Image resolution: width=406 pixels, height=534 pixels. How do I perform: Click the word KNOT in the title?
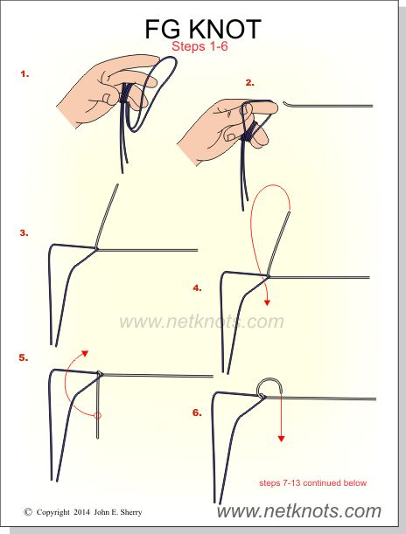pyautogui.click(x=226, y=30)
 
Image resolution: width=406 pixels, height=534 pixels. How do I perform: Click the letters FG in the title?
pyautogui.click(x=163, y=30)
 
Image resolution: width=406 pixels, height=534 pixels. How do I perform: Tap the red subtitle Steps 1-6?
pyautogui.click(x=199, y=46)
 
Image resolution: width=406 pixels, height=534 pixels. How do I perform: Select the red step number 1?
pyautogui.click(x=24, y=74)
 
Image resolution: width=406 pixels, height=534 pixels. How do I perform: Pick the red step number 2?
pyautogui.click(x=250, y=82)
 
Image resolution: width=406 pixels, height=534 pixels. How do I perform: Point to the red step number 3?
pyautogui.click(x=24, y=233)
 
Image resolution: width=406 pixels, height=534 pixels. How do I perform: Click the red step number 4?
pyautogui.click(x=198, y=288)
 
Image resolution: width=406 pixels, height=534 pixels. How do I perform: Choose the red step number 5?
pyautogui.click(x=24, y=357)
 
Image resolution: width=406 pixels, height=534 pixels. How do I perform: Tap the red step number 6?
pyautogui.click(x=197, y=413)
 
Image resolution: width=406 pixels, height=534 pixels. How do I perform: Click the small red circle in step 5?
pyautogui.click(x=98, y=415)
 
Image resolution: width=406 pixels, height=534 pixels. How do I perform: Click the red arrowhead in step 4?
pyautogui.click(x=267, y=302)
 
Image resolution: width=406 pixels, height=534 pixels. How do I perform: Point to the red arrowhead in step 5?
pyautogui.click(x=85, y=353)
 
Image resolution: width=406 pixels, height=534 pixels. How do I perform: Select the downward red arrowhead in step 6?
pyautogui.click(x=281, y=439)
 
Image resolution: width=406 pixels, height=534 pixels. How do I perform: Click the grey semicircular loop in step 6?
pyautogui.click(x=269, y=379)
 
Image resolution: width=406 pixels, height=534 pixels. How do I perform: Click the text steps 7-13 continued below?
pyautogui.click(x=312, y=483)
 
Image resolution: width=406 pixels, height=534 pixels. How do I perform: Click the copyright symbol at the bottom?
pyautogui.click(x=28, y=512)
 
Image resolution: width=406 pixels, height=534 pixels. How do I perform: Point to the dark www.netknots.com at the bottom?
pyautogui.click(x=299, y=511)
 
